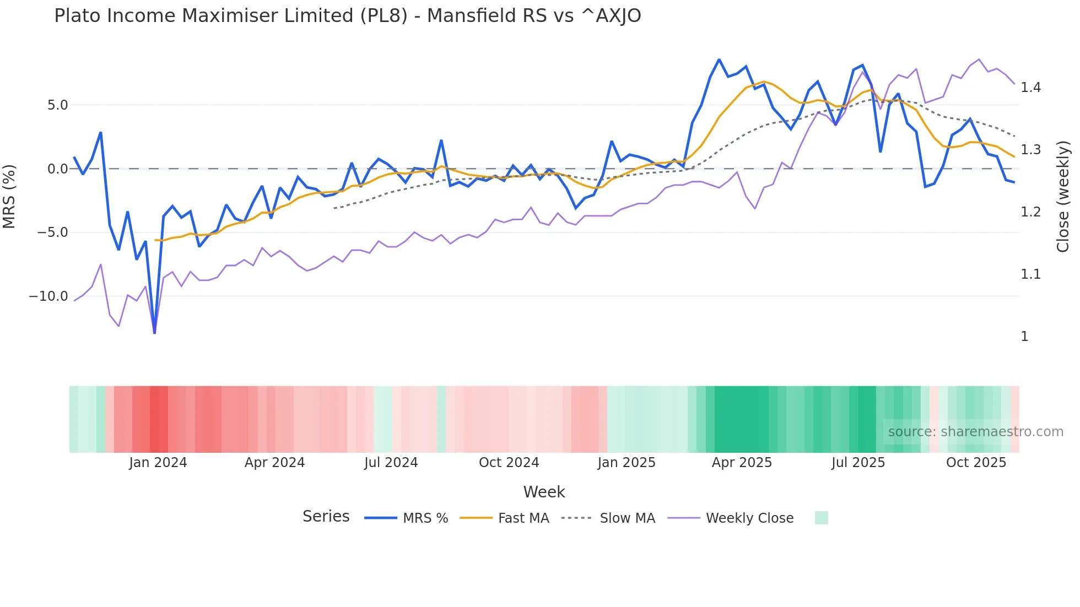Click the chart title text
click(347, 16)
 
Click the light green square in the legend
click(821, 518)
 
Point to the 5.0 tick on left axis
click(57, 105)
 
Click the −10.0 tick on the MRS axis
click(48, 296)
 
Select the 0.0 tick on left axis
click(57, 169)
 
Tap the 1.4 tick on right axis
click(1030, 88)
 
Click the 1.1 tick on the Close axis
click(1030, 274)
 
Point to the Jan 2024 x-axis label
click(158, 463)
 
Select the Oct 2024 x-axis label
click(509, 463)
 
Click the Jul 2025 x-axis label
click(858, 463)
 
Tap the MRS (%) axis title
click(9, 196)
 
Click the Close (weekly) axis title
click(1063, 196)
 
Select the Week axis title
click(544, 492)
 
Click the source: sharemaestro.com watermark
click(975, 432)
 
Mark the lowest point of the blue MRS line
click(154, 333)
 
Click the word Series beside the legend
click(326, 517)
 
